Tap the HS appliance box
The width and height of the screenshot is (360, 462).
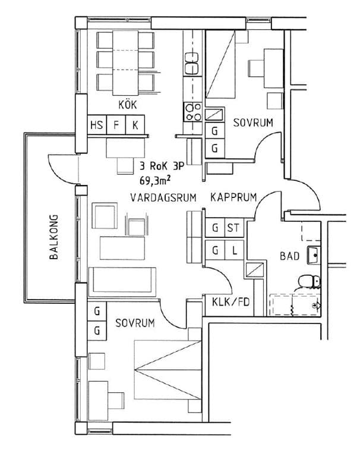[x=96, y=125]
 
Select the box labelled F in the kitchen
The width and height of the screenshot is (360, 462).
[x=116, y=125]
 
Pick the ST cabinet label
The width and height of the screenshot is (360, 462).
[x=233, y=228]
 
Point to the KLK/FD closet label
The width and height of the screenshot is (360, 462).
[x=230, y=302]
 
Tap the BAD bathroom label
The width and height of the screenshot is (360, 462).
[x=289, y=257]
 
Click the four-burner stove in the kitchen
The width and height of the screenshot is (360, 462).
[x=192, y=111]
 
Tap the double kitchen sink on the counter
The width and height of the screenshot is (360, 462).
[x=192, y=64]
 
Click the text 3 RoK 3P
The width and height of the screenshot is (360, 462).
[x=162, y=166]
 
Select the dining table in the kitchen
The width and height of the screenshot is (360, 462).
[x=125, y=59]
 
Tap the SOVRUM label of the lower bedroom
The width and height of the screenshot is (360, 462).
[x=135, y=323]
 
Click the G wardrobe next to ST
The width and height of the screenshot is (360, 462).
[x=214, y=228]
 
